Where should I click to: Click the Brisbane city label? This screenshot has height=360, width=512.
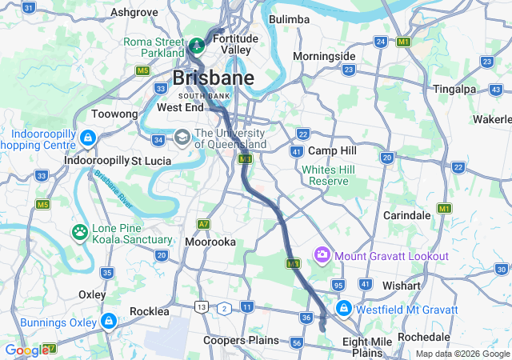(214, 78)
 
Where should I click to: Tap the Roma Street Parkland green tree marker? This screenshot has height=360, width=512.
(197, 42)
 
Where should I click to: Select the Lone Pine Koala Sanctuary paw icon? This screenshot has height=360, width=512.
(80, 233)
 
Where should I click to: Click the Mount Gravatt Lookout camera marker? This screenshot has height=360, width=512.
(322, 255)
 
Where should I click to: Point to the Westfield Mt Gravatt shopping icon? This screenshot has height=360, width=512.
(343, 308)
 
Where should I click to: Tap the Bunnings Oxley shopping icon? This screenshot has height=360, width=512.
(108, 322)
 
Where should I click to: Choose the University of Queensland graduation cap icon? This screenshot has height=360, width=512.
(182, 138)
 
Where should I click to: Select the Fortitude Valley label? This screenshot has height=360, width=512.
(235, 43)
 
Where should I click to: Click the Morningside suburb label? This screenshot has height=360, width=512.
(324, 56)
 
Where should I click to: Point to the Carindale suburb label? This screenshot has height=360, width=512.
(407, 216)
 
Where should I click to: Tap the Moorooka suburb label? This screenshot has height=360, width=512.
(210, 241)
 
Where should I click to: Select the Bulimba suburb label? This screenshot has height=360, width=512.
(289, 18)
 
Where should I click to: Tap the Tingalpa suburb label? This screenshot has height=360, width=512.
(455, 89)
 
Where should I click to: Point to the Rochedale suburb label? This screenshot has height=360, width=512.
(430, 338)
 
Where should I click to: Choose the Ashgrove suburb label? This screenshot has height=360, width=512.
(134, 12)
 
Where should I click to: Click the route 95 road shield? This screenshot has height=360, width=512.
(338, 285)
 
